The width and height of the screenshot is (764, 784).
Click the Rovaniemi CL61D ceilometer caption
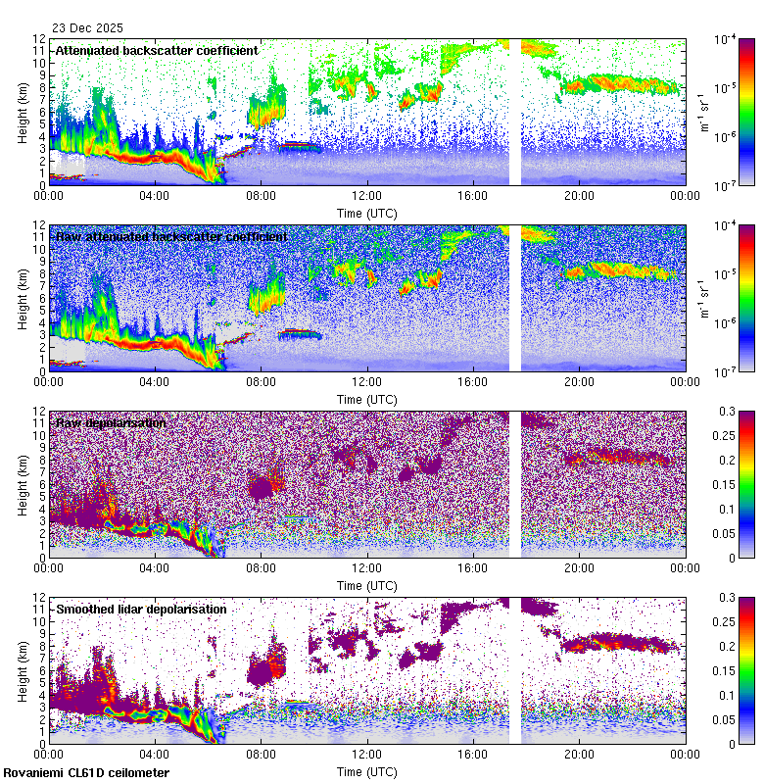point(85,773)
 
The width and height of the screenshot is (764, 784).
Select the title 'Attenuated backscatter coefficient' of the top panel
point(157,50)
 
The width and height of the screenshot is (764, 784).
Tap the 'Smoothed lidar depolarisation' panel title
point(141,609)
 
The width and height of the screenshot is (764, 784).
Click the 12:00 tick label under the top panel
point(366,196)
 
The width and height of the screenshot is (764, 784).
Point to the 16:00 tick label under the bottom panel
point(473,755)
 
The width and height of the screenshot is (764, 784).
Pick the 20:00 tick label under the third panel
point(579,568)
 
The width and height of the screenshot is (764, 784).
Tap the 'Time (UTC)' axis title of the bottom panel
point(366,771)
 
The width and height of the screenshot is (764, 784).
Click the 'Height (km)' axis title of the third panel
point(23,483)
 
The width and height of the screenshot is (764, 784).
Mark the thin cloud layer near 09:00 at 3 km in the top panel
point(299,146)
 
